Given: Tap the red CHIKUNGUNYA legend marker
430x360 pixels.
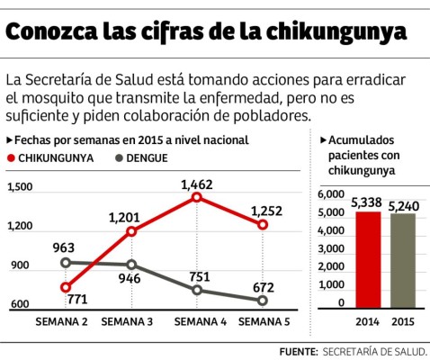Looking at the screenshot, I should pyautogui.click(x=13, y=157).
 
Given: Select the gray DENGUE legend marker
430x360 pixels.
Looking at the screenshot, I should pyautogui.click(x=121, y=157).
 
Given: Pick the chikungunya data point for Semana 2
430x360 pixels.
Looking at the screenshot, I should pyautogui.click(x=66, y=287).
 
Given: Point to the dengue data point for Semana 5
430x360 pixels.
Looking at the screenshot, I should pyautogui.click(x=262, y=301).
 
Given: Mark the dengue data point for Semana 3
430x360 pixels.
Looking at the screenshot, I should pyautogui.click(x=131, y=265).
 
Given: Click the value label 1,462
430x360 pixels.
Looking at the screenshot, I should pyautogui.click(x=197, y=184).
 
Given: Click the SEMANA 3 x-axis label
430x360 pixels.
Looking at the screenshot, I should pyautogui.click(x=128, y=320).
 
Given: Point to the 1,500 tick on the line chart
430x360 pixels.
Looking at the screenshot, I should pyautogui.click(x=20, y=187).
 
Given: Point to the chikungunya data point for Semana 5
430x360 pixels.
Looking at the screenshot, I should pyautogui.click(x=262, y=224).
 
